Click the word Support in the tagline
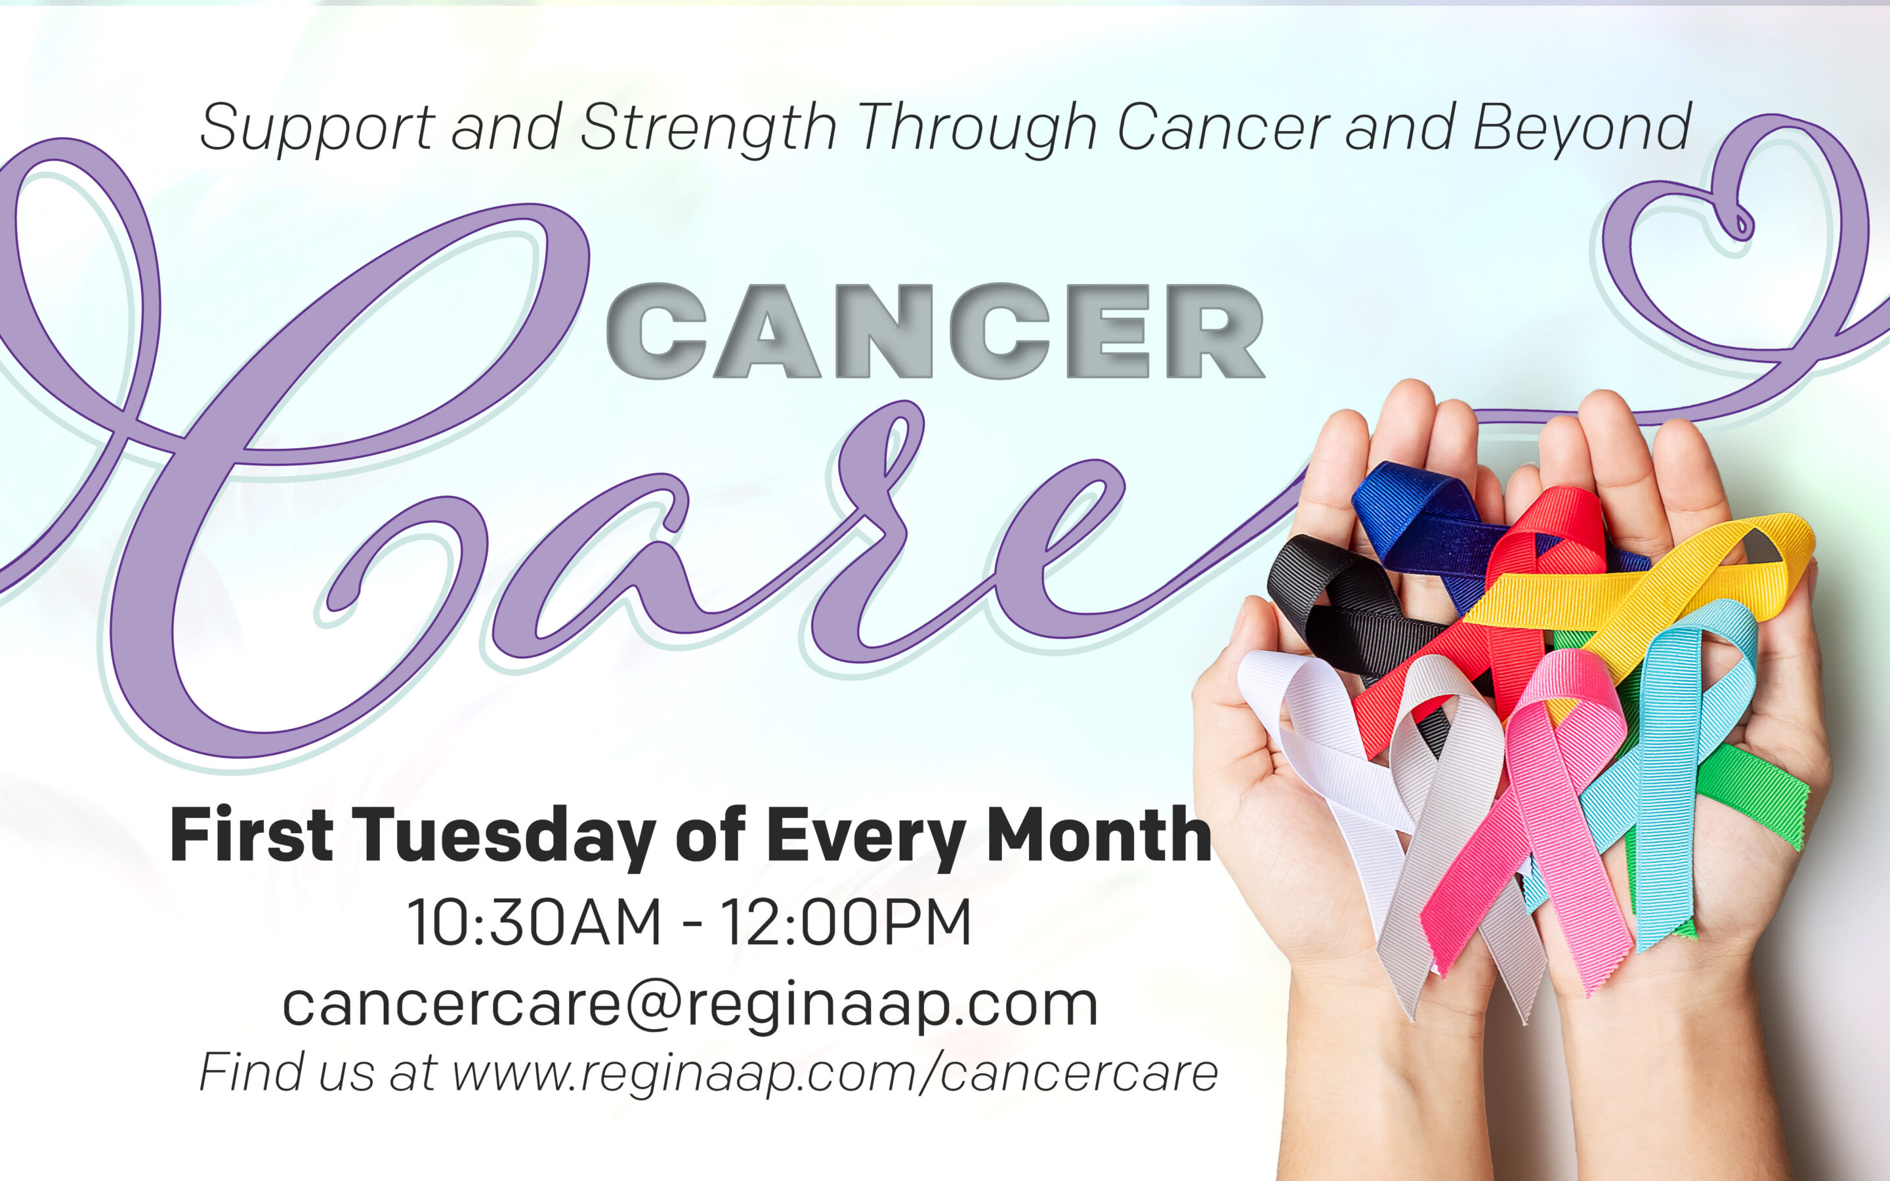point(316,128)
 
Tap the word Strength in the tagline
point(707,128)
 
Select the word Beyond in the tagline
point(1582,128)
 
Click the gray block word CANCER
point(935,331)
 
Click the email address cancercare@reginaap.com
point(690,1005)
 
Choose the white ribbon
point(1320,726)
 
